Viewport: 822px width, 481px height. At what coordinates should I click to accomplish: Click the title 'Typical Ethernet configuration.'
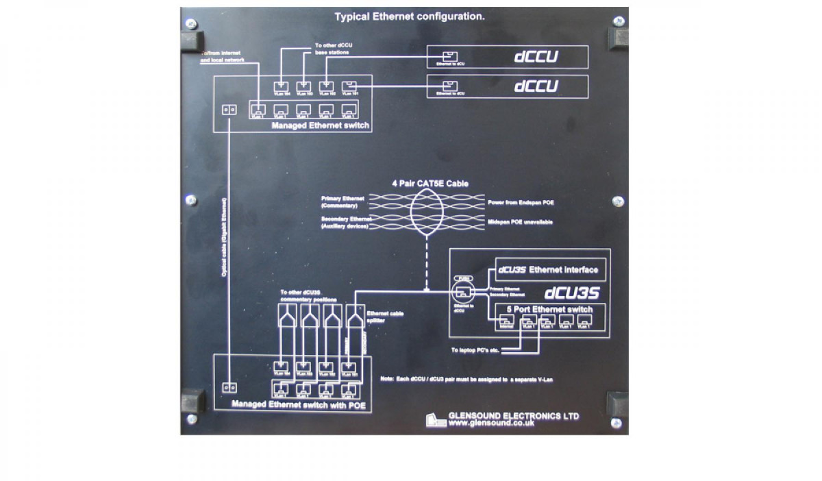409,16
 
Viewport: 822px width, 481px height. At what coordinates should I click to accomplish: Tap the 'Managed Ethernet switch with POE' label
299,405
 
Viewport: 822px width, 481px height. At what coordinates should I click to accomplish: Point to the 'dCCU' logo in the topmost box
536,57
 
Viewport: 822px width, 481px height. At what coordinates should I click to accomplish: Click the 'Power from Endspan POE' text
521,203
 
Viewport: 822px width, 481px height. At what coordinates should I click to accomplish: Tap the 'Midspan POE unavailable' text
521,222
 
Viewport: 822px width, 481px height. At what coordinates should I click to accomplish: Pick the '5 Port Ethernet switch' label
550,310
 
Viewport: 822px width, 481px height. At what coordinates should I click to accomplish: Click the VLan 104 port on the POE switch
282,368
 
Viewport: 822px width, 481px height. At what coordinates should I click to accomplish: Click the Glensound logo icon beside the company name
436,420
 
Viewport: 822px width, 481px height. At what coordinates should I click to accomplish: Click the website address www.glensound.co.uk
491,424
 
